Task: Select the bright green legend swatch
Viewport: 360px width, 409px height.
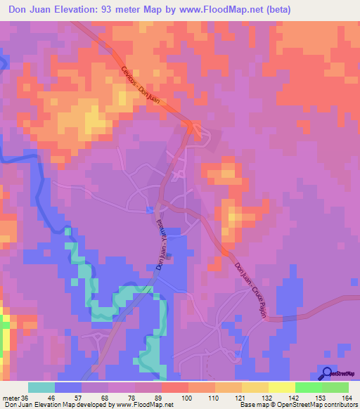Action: [x=309, y=387]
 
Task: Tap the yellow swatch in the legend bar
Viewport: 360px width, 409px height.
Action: [x=282, y=387]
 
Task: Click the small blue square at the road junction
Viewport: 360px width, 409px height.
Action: [x=149, y=209]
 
